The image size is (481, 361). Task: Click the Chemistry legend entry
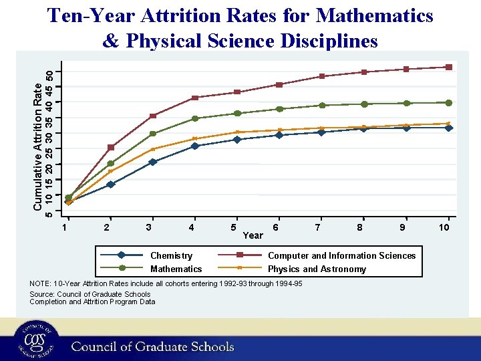(171, 255)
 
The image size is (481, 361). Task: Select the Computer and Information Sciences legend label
(341, 255)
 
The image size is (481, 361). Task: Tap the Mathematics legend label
(176, 269)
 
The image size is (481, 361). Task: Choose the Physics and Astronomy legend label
(317, 269)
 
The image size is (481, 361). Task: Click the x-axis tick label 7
(318, 228)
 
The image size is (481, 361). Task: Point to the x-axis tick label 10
(444, 228)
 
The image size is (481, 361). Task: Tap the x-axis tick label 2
(107, 228)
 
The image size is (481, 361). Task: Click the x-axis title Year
(253, 235)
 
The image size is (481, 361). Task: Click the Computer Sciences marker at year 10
(449, 67)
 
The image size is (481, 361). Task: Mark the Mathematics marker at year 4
(195, 118)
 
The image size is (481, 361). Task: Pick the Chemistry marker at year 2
(110, 185)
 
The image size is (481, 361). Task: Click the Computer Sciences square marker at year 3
(153, 116)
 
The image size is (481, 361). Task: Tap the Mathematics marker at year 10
(449, 103)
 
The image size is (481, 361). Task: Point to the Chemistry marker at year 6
(279, 135)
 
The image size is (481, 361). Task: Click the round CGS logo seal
(34, 340)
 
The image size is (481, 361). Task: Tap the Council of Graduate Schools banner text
(152, 346)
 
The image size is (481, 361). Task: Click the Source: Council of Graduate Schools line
(90, 293)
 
